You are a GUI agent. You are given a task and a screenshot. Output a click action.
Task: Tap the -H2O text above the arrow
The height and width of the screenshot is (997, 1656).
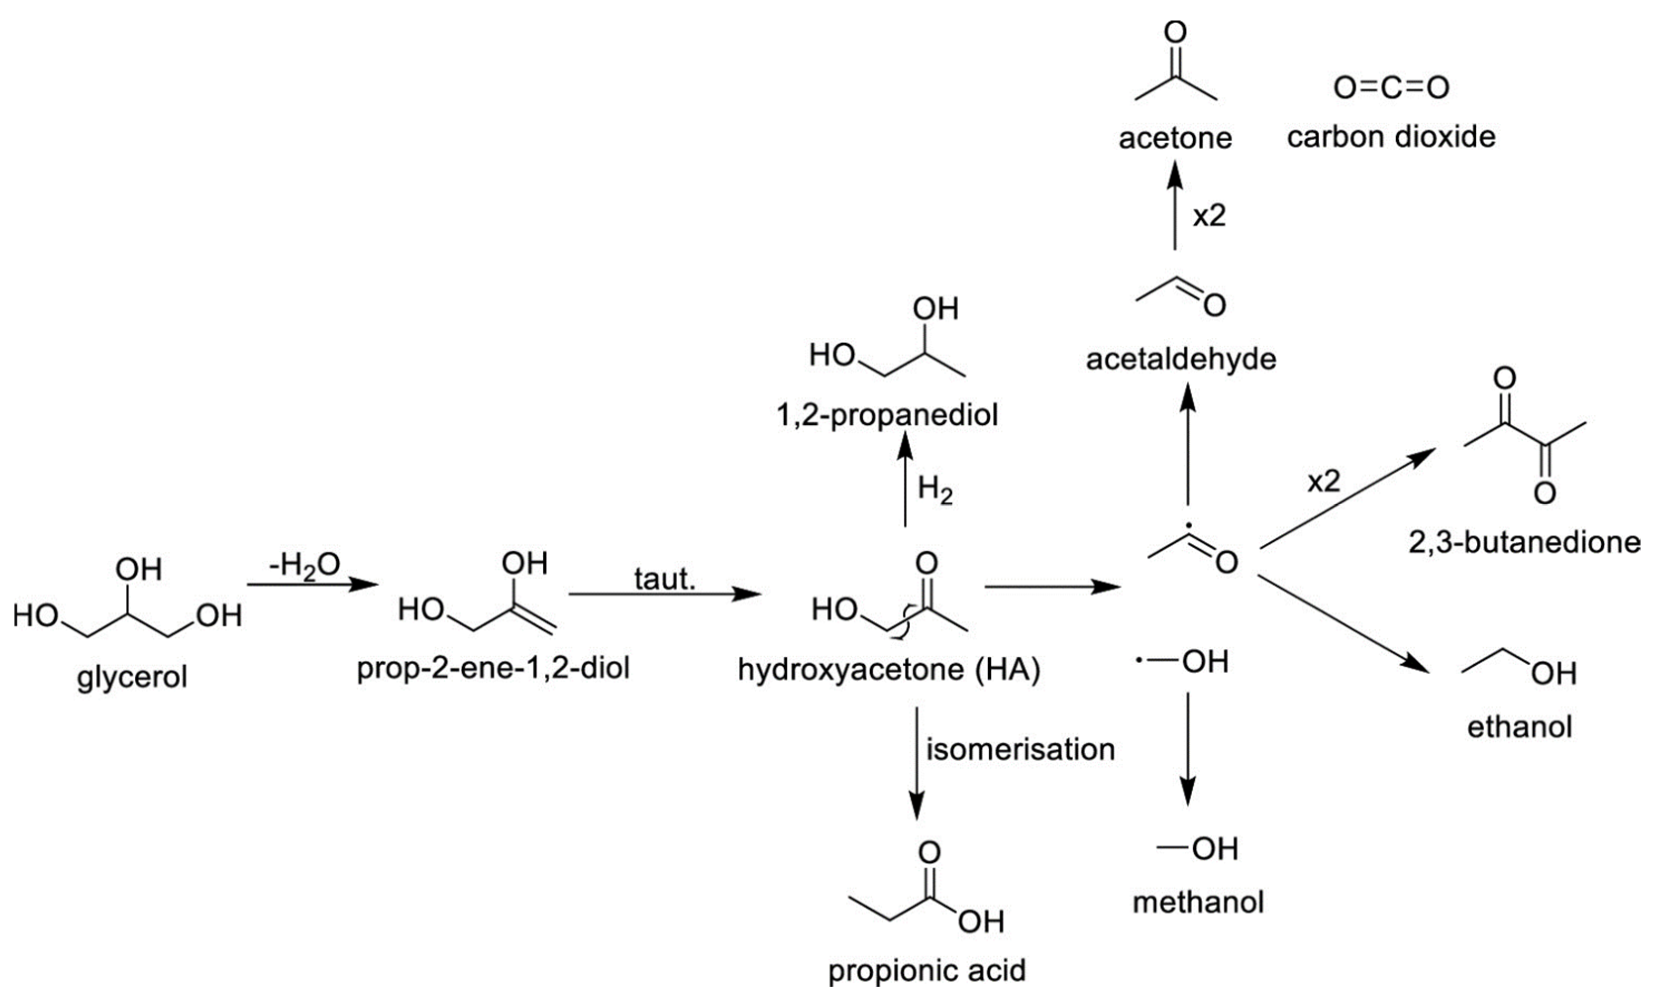pos(304,565)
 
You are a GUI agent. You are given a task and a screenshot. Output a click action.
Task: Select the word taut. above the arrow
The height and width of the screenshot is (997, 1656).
pos(665,578)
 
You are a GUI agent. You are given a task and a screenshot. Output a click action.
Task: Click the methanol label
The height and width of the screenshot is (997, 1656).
pos(1198,902)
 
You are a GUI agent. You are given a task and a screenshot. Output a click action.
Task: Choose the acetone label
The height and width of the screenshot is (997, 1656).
pos(1175,138)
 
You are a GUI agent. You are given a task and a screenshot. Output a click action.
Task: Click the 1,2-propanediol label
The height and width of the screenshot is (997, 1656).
pos(887,415)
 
